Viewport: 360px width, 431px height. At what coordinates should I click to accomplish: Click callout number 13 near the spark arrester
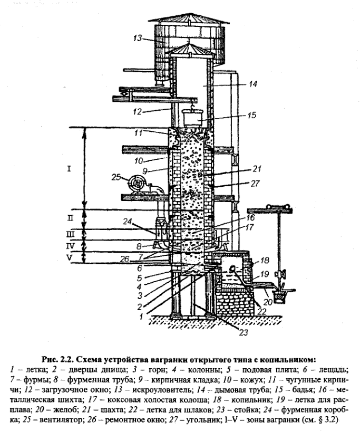[138, 38]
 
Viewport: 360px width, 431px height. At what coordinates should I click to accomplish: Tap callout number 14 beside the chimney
[252, 84]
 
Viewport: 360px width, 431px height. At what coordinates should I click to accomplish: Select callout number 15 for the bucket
[251, 115]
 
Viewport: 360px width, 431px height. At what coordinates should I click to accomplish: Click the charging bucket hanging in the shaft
[193, 117]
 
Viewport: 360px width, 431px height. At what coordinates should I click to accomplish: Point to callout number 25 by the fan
[116, 177]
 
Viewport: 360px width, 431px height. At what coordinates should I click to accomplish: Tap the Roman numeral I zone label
[69, 168]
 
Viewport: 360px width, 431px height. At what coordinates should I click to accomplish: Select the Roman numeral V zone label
[70, 258]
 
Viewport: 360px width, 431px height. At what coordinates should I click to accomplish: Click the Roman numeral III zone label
[70, 234]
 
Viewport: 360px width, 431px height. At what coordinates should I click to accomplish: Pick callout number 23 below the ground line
[243, 332]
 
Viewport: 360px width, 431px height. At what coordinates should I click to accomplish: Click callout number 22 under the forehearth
[262, 311]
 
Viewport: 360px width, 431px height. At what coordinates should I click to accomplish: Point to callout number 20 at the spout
[268, 302]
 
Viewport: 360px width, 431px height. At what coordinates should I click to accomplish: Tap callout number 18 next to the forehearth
[264, 260]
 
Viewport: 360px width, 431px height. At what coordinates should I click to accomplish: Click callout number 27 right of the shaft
[255, 183]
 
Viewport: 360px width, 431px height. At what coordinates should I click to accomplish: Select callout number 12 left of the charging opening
[137, 112]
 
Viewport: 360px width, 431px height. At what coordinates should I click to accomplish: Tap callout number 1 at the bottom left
[141, 317]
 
